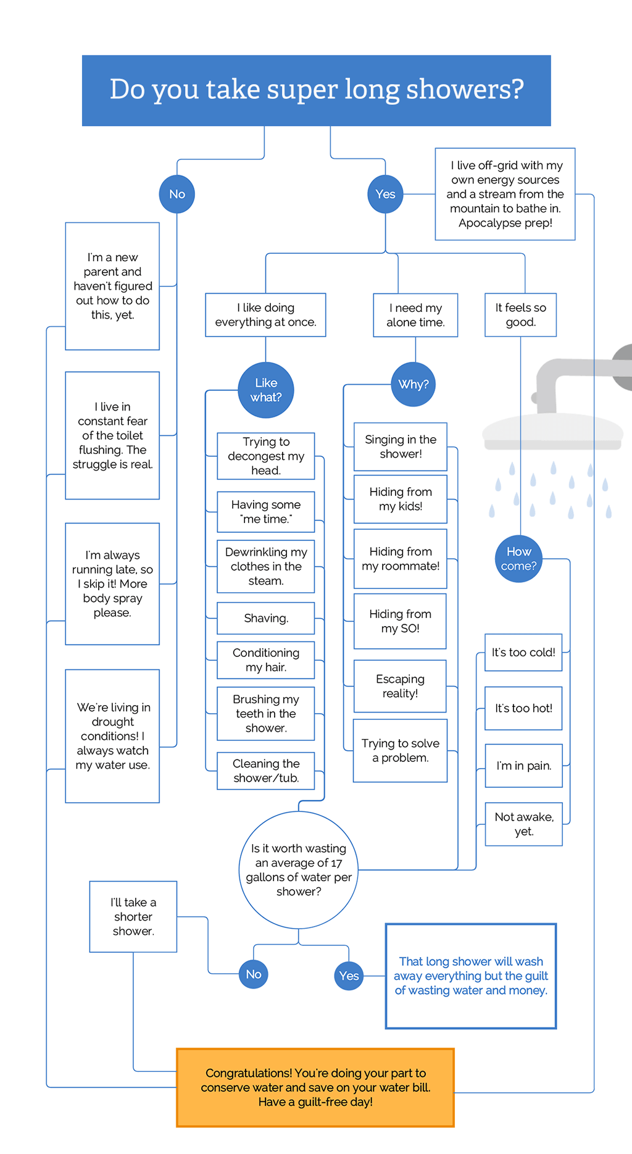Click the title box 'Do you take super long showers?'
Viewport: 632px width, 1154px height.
coord(316,91)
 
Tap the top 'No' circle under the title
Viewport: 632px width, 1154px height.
coord(177,194)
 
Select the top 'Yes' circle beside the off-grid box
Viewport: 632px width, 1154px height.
coord(385,194)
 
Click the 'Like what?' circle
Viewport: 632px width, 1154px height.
coord(266,390)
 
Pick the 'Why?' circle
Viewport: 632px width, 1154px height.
coord(414,384)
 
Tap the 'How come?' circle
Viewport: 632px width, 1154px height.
coord(518,559)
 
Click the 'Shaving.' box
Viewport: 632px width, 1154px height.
coord(265,618)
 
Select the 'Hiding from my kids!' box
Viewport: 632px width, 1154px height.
coord(400,499)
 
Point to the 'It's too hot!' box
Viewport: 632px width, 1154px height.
coord(523,708)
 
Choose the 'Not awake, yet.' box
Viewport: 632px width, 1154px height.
coord(523,824)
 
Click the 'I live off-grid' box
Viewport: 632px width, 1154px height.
coord(505,194)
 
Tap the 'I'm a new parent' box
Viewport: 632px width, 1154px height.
coord(112,286)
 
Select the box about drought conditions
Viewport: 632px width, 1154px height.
coord(112,736)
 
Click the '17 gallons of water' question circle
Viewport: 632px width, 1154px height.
coord(299,869)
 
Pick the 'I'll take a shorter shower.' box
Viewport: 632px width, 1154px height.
coord(133,916)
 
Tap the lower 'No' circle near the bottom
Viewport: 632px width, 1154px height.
coord(254,974)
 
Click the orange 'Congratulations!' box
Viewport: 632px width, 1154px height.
coord(315,1087)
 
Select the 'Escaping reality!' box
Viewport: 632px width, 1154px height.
coord(400,686)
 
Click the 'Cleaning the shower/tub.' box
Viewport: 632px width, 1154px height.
coord(265,771)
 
